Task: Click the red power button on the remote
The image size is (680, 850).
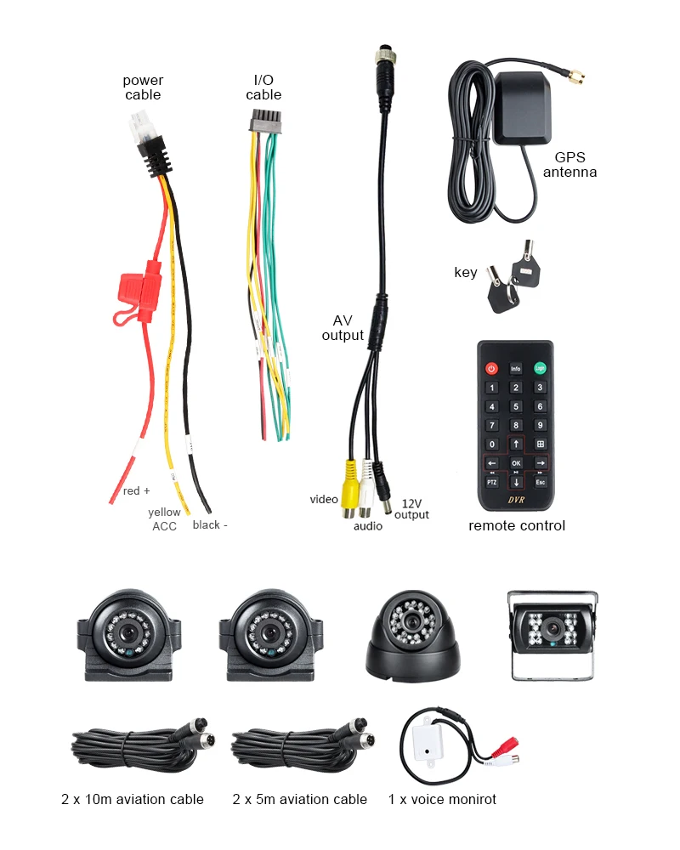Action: point(491,369)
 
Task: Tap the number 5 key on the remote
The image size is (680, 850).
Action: point(515,406)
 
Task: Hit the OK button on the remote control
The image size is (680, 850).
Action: point(515,463)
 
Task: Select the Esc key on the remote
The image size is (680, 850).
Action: point(540,482)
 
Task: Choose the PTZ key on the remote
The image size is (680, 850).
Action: point(491,482)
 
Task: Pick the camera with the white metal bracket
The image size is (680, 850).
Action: point(553,636)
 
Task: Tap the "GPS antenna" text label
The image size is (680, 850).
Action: point(575,165)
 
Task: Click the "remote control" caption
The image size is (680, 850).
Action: point(517,525)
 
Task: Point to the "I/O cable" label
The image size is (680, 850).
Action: point(263,88)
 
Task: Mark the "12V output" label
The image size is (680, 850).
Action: point(411,509)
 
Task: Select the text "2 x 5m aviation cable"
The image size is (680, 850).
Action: point(299,799)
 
